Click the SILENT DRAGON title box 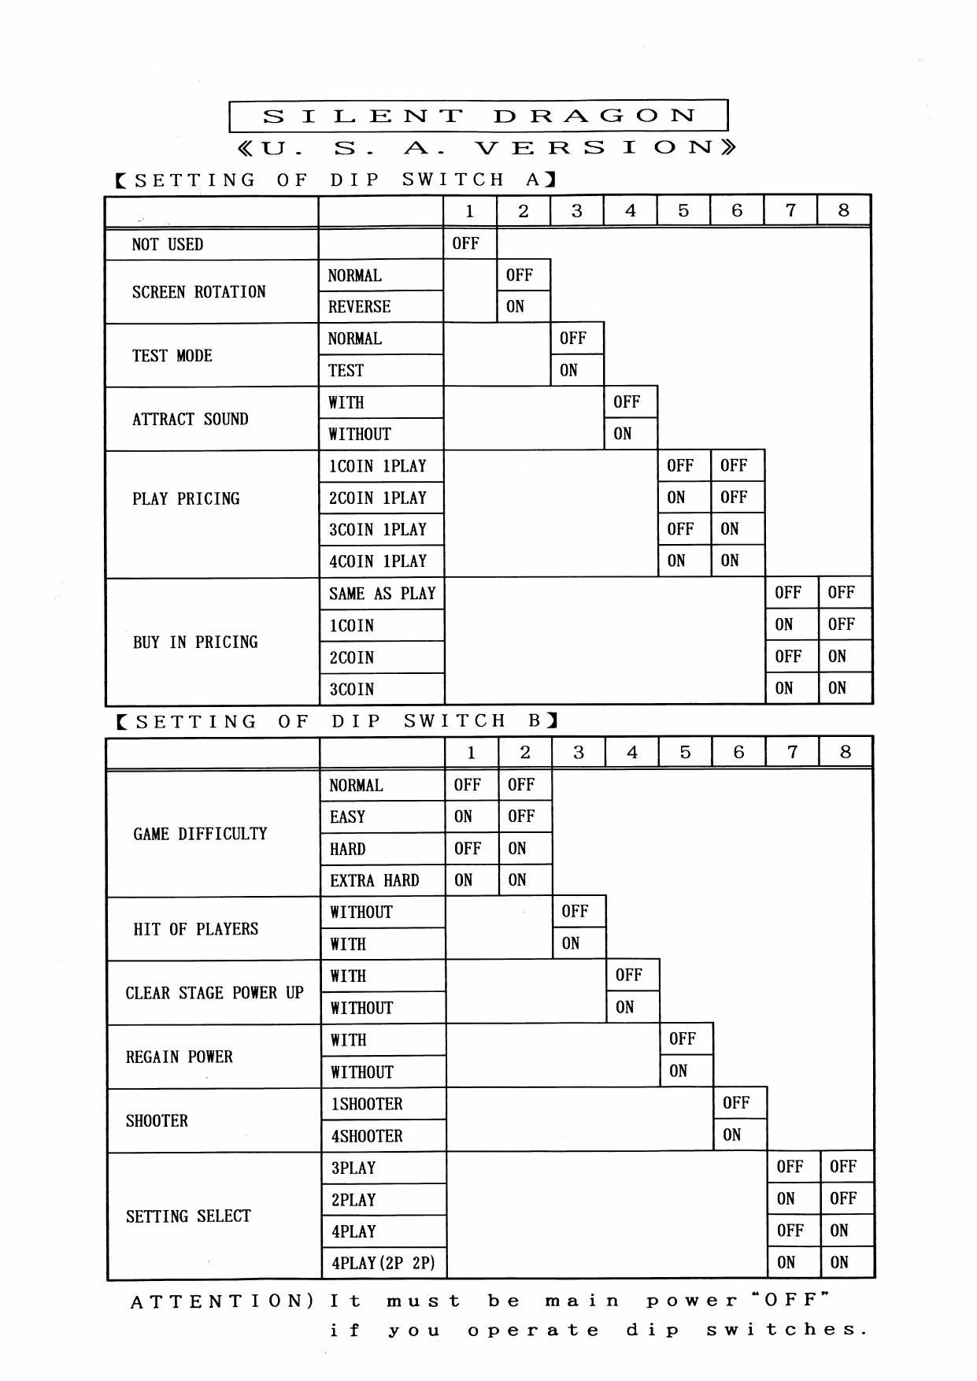coord(478,116)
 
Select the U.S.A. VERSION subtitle coord(486,147)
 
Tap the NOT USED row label coord(168,244)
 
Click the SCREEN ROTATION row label coord(198,292)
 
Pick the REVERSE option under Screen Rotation coord(359,307)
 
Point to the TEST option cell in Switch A coord(346,371)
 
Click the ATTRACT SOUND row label coord(190,419)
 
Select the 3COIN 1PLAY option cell coord(378,530)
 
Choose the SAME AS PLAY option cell coord(382,594)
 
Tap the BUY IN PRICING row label coord(195,642)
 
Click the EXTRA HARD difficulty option coord(374,881)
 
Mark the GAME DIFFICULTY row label coord(200,834)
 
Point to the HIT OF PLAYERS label coord(195,929)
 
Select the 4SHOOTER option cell coord(367,1136)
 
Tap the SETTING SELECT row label coord(188,1216)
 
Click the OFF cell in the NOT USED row coord(466,243)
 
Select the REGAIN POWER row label coord(179,1057)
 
